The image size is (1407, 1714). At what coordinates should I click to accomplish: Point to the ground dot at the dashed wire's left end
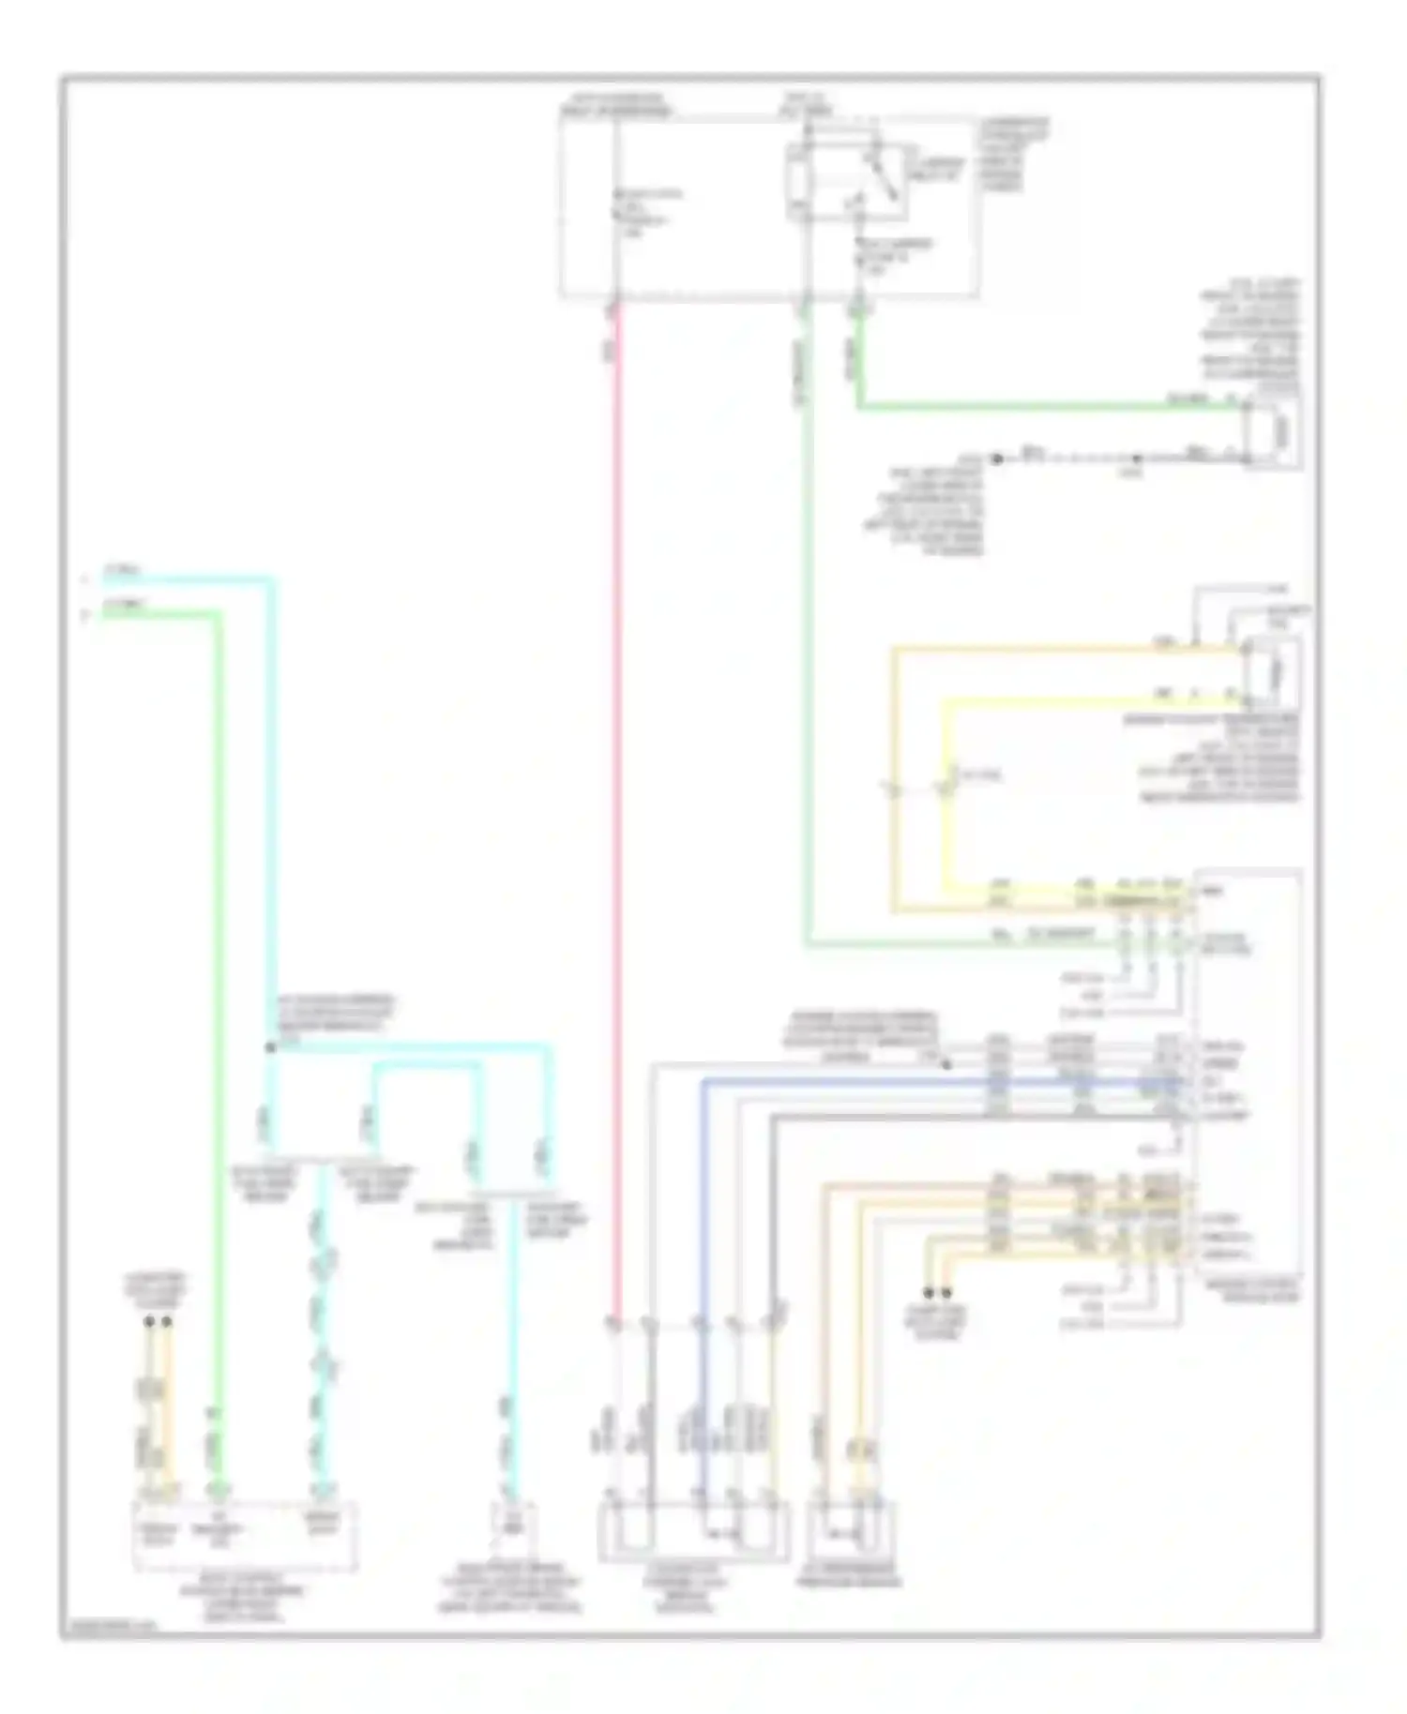(x=998, y=459)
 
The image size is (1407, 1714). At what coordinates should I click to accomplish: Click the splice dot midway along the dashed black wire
(x=1136, y=459)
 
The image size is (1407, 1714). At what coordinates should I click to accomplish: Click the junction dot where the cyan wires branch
(x=270, y=1046)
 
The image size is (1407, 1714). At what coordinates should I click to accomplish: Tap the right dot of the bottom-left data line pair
(x=167, y=1322)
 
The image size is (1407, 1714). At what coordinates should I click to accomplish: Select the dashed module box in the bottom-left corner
(x=245, y=1536)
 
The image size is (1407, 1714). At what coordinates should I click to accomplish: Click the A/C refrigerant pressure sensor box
(x=850, y=1530)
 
